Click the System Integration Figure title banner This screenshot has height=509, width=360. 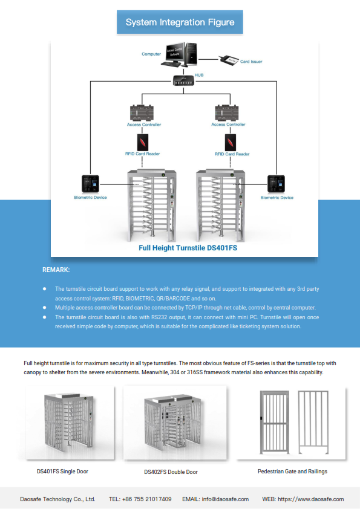pyautogui.click(x=180, y=22)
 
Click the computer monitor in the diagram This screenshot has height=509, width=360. pyautogui.click(x=175, y=53)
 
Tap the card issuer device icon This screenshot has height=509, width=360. pyautogui.click(x=229, y=60)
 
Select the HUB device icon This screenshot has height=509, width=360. pyautogui.click(x=183, y=80)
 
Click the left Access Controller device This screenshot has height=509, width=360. pyautogui.click(x=142, y=113)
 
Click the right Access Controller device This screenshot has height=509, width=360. pyautogui.click(x=227, y=112)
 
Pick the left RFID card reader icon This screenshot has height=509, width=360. pyautogui.click(x=143, y=142)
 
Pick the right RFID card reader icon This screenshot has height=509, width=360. pyautogui.click(x=231, y=143)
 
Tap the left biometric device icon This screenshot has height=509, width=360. pyautogui.click(x=90, y=184)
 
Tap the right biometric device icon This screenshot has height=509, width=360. pyautogui.click(x=276, y=184)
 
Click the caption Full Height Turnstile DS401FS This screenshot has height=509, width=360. pyautogui.click(x=188, y=248)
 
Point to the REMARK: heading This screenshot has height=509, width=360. pyautogui.click(x=56, y=270)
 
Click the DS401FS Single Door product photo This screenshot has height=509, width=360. pyautogui.click(x=70, y=423)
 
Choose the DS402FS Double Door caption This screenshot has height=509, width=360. pyautogui.click(x=171, y=472)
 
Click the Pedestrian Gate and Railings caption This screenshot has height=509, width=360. pyautogui.click(x=292, y=472)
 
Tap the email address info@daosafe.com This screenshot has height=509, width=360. pyautogui.click(x=225, y=499)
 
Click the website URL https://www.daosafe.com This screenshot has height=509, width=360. pyautogui.click(x=311, y=499)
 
